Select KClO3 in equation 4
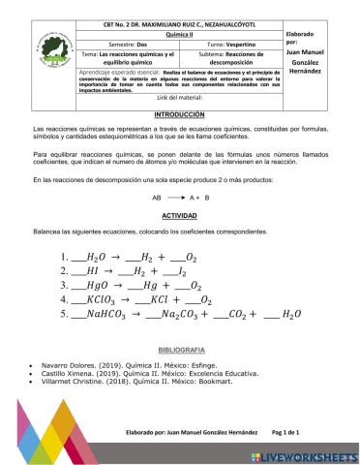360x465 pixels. point(103,299)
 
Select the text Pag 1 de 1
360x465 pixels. point(285,432)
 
